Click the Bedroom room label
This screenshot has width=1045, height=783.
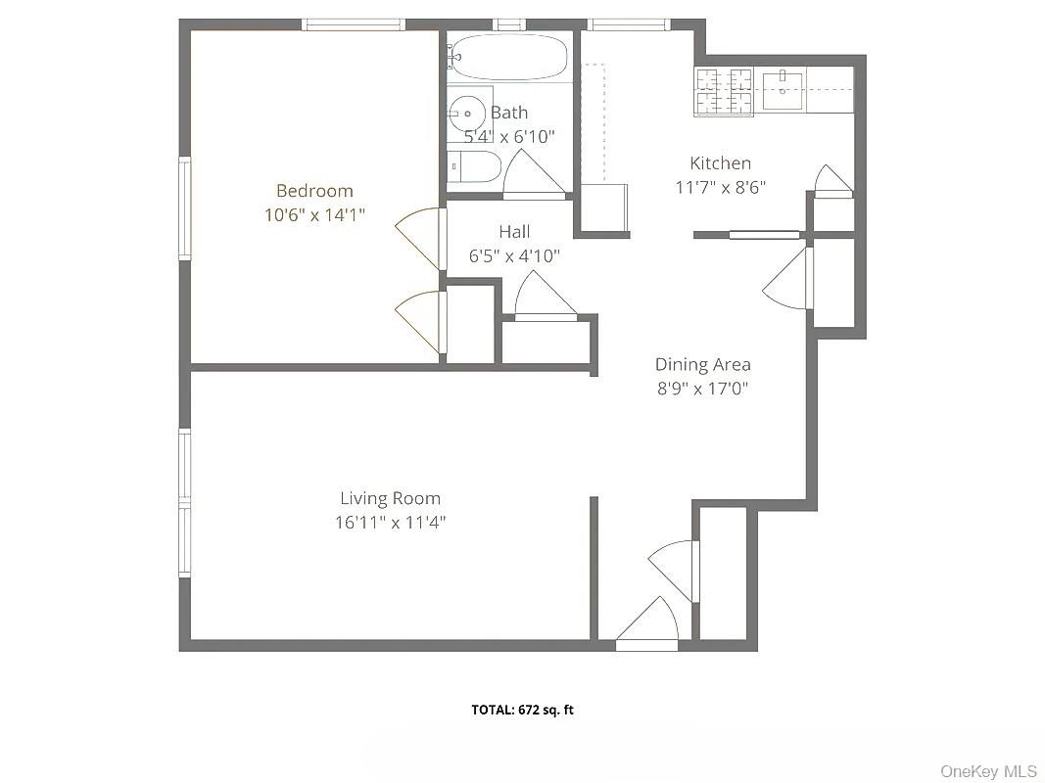(313, 191)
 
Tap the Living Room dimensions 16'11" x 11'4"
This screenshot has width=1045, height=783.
(390, 523)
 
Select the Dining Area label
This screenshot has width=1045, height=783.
(702, 365)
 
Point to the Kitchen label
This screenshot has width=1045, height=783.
(720, 163)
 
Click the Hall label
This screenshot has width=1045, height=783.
(514, 232)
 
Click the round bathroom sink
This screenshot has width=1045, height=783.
(467, 115)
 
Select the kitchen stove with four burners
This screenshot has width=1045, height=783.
(723, 92)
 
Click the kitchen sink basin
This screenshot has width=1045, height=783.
(783, 90)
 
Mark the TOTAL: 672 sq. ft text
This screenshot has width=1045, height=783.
(522, 710)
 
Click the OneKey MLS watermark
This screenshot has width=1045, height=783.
(988, 771)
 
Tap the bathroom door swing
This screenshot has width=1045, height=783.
(530, 174)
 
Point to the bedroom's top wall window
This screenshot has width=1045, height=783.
(353, 24)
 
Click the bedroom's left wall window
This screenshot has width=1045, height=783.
(183, 208)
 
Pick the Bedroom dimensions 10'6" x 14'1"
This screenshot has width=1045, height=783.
(313, 215)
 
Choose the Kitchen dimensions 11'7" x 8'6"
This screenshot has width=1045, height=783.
(720, 187)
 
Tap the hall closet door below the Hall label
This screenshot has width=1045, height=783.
(544, 297)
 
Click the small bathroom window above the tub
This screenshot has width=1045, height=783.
(508, 24)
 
